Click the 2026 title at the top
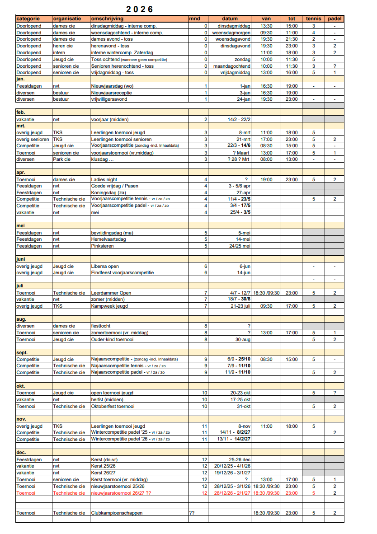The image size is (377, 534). click(140, 9)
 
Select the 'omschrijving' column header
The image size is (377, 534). click(107, 19)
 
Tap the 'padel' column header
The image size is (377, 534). click(335, 19)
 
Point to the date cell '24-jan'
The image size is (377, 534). click(243, 99)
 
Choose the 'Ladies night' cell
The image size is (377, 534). click(105, 179)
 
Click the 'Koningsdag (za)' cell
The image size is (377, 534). click(109, 192)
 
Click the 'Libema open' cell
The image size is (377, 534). click(105, 266)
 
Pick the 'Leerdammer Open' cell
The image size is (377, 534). click(111, 293)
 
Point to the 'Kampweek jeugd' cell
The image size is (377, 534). click(110, 306)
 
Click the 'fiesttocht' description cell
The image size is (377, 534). click(101, 326)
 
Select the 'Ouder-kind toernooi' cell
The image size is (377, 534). click(113, 339)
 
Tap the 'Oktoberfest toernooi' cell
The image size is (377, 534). click(113, 406)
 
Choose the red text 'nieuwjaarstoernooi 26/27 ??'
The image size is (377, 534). click(121, 493)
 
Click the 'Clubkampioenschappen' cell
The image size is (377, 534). click(117, 513)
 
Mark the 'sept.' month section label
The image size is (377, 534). click(22, 352)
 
